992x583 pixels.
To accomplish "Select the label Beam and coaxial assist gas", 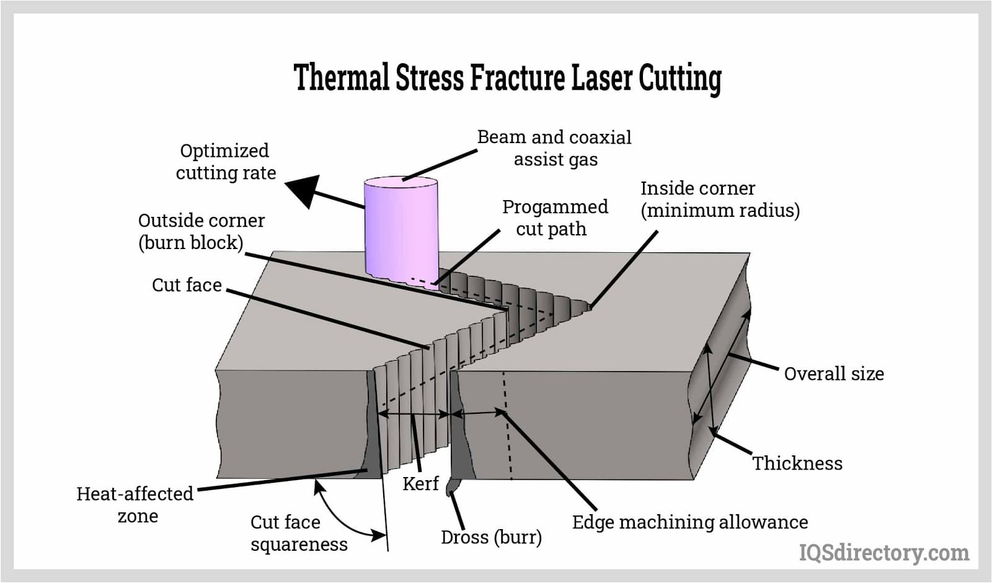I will coord(554,148).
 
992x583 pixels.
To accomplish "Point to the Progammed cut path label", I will coord(554,217).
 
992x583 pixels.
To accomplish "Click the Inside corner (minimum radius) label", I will coord(720,199).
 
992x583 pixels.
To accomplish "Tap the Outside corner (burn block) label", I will coord(201,231).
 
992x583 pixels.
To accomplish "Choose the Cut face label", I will coord(187,285).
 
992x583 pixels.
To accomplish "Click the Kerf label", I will coord(420,483).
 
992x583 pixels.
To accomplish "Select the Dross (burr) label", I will coord(491,537).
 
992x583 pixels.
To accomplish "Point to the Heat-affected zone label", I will coord(135,504).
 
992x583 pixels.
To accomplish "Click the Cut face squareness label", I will coord(298,533).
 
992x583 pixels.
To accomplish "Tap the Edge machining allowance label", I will coord(689,522).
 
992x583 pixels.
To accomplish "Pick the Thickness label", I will coord(797,463).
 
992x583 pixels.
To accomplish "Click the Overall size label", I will coord(833,374).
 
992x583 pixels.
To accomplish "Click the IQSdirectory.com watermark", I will coord(883,552).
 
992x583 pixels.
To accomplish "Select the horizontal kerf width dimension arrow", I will coord(413,414).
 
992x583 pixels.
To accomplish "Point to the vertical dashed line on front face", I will coord(508,427).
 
